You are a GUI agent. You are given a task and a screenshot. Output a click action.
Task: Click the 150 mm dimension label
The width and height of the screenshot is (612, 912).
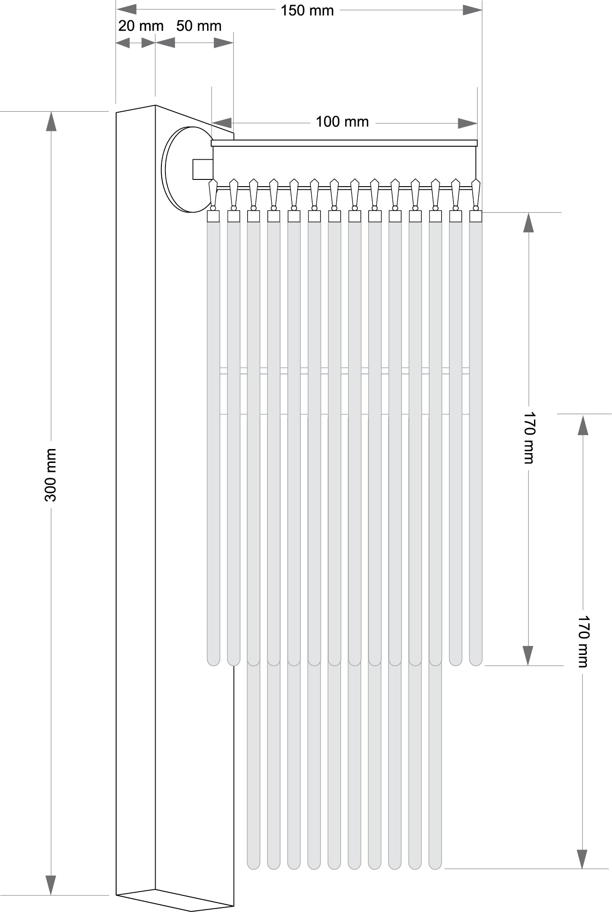pos(307,10)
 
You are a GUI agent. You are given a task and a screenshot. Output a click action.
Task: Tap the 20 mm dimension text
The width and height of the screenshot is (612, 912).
pos(141,26)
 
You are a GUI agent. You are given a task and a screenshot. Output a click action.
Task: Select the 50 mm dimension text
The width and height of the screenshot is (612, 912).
pos(199,26)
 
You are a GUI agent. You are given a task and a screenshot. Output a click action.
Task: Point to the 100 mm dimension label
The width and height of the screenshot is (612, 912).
pos(342,122)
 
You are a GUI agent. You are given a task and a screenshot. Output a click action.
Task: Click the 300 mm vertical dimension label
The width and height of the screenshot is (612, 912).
pos(51,475)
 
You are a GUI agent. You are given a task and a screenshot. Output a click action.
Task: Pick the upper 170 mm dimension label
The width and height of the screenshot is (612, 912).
pos(529,437)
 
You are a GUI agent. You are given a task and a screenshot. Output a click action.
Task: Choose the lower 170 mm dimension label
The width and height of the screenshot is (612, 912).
pos(583,641)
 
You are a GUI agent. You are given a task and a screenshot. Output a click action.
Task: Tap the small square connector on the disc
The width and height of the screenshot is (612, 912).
pos(203,169)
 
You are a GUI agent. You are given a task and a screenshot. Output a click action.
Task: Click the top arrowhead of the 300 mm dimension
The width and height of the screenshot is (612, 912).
pos(51,121)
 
